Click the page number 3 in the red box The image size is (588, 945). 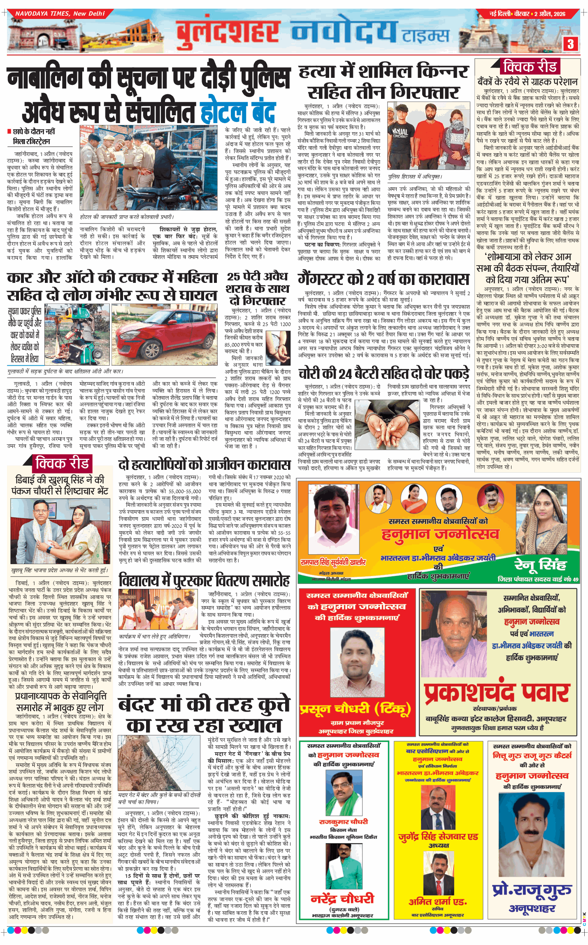pos(570,44)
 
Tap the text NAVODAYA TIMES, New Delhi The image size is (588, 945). pos(60,14)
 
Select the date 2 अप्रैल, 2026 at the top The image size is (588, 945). pos(550,14)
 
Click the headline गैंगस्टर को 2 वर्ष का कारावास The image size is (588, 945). pos(383,280)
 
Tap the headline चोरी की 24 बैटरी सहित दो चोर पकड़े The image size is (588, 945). pos(383,374)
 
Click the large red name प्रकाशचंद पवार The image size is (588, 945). pos(497,693)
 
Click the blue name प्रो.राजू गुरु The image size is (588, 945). pos(532,890)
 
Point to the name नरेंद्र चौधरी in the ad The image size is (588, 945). pos(342,898)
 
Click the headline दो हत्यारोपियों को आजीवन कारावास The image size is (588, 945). pos(205,465)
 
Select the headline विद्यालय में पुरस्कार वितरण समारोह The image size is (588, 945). pos(205,581)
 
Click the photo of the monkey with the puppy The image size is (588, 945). pos(159,763)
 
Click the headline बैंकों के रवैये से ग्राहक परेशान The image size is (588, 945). pos(528,82)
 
